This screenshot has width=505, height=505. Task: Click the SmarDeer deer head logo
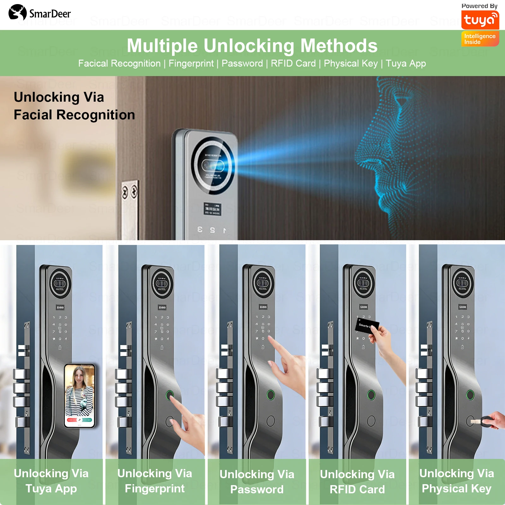(18, 13)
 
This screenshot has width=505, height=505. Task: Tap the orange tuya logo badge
(480, 20)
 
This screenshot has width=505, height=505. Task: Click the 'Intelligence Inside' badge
(480, 39)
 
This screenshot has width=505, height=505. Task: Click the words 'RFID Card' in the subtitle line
(293, 63)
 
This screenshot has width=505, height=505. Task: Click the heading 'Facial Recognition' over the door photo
(74, 115)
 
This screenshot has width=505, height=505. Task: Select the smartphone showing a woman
(80, 396)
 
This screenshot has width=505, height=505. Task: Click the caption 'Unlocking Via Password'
(257, 482)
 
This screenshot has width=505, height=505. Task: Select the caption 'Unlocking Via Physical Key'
(456, 481)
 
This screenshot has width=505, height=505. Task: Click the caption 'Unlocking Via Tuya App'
(51, 481)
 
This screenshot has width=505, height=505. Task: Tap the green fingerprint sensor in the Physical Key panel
(470, 395)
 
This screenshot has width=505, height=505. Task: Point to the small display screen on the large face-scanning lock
(212, 209)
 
